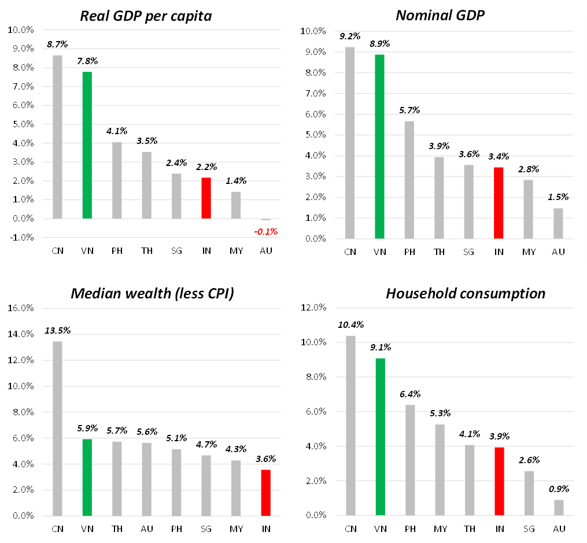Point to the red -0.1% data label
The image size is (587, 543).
(267, 231)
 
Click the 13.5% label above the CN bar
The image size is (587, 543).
(57, 331)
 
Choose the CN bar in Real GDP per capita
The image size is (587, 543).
(57, 137)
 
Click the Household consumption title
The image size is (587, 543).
(466, 293)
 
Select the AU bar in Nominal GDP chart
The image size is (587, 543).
(558, 223)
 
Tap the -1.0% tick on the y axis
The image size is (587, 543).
(21, 238)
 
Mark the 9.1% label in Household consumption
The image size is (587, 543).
(380, 348)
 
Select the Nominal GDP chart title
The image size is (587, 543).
(440, 16)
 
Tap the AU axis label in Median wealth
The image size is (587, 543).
(146, 529)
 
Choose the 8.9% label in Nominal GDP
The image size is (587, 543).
(379, 43)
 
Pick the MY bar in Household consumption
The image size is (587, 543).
(440, 470)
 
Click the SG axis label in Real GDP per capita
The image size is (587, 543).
(176, 250)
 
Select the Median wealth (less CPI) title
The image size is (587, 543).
(152, 293)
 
